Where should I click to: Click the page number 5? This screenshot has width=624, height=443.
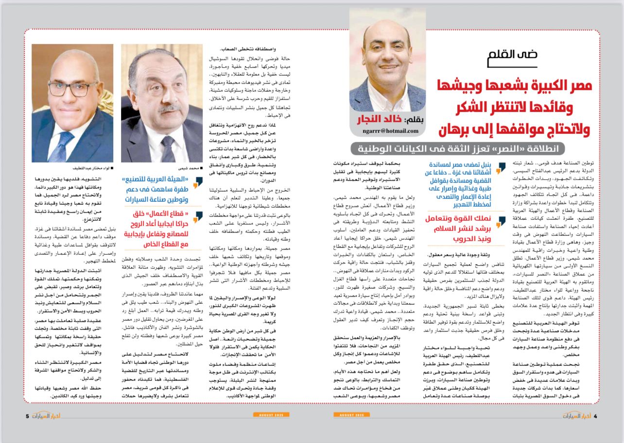pos(28,416)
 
